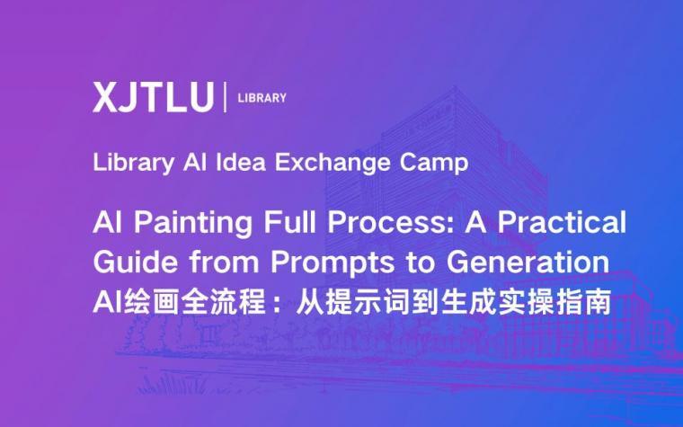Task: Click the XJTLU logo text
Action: point(153,97)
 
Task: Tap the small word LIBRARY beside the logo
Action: point(262,97)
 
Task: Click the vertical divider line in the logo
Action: point(225,97)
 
